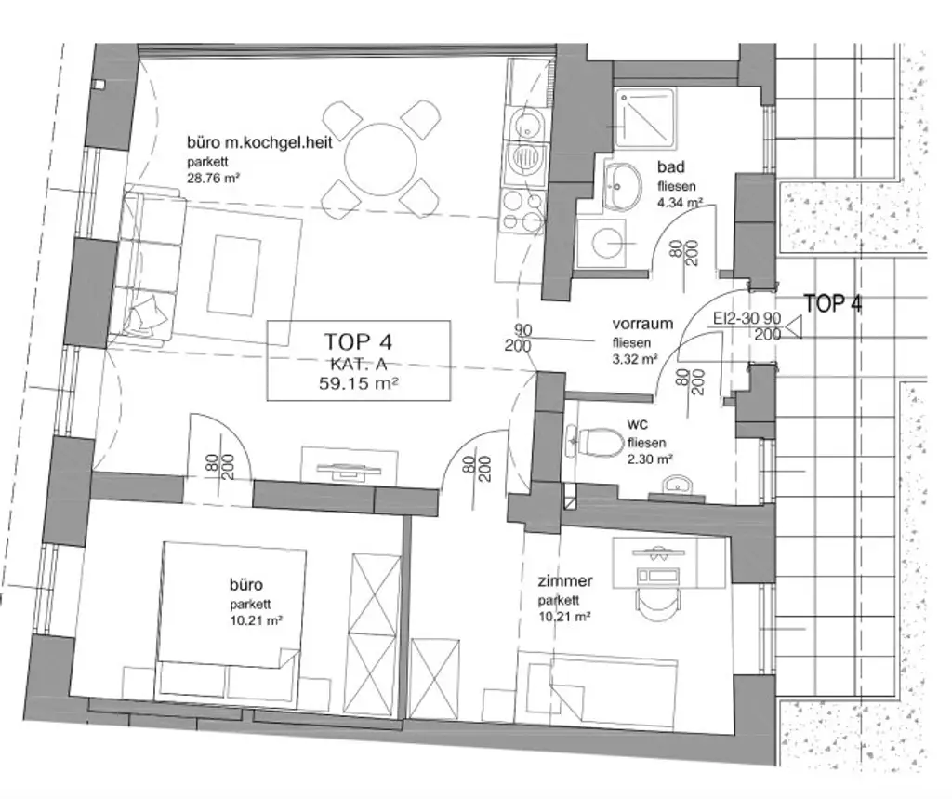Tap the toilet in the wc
(600, 442)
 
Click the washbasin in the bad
(620, 183)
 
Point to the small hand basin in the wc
(679, 485)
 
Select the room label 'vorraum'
(642, 325)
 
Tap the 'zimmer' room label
(565, 582)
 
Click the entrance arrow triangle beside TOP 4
(795, 326)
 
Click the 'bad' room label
(670, 167)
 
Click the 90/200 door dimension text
(522, 338)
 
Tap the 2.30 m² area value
(650, 459)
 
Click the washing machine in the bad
(604, 244)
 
